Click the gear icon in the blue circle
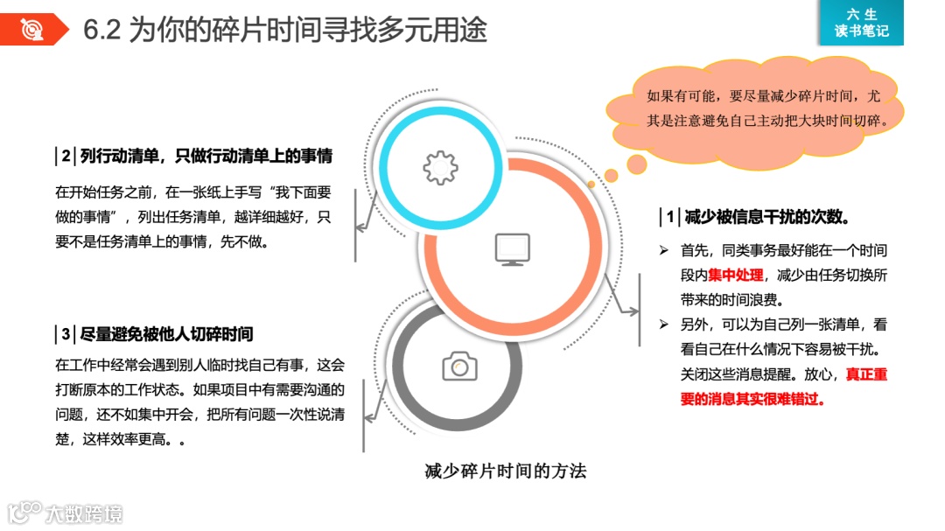[440, 167]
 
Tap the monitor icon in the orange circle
[512, 249]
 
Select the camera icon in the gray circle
[459, 366]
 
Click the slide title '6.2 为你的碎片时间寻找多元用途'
[284, 30]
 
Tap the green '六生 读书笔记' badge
[861, 23]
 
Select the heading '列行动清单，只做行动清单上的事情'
[206, 157]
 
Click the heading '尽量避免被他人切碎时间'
[166, 334]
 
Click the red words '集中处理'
[737, 275]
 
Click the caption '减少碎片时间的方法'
[505, 472]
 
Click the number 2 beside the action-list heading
[66, 157]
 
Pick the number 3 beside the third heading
[66, 334]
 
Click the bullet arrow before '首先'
[664, 250]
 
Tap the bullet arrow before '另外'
[664, 325]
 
